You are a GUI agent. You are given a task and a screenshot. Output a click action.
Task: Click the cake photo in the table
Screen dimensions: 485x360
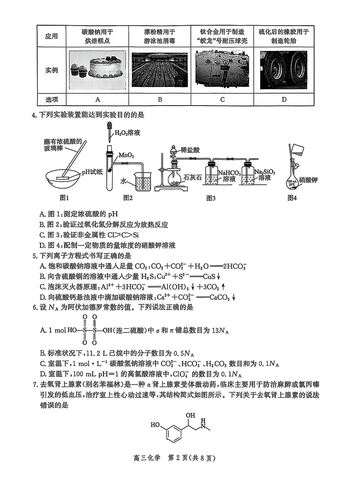pos(97,70)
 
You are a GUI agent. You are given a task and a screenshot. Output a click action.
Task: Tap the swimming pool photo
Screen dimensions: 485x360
pos(159,70)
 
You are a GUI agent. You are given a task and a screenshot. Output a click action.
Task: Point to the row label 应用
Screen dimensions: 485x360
pos(51,36)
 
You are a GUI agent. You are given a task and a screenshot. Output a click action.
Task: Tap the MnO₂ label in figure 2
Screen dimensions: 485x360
pos(126,155)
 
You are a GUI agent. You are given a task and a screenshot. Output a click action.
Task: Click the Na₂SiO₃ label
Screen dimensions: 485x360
pos(264,171)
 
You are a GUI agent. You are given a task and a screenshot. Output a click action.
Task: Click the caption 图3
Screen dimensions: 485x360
pos(211,198)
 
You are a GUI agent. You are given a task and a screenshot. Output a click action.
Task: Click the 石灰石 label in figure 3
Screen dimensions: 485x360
pos(192,178)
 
